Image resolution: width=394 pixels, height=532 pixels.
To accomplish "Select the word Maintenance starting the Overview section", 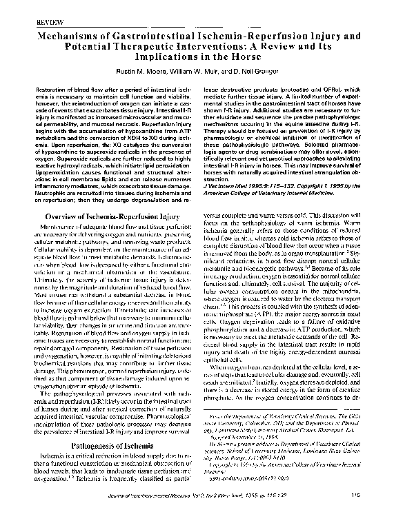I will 64,229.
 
